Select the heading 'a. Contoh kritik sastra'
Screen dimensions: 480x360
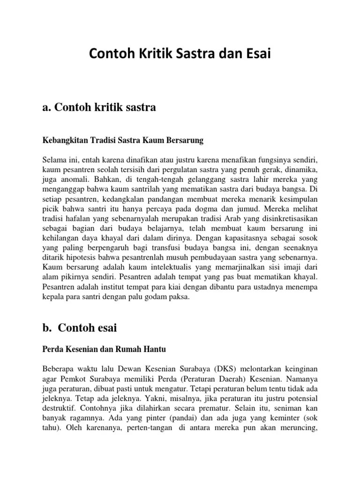[x=99, y=108]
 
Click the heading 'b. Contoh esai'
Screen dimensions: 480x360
[x=80, y=328]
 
